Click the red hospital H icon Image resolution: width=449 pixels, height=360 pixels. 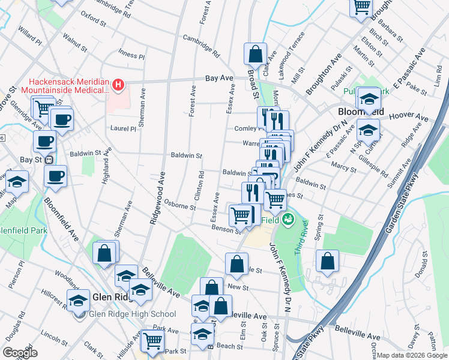coord(118,85)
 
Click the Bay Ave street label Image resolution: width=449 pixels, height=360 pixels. coord(218,78)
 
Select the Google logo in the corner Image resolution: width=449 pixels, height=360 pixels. coord(20,353)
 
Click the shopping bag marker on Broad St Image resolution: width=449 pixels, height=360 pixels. coord(255,54)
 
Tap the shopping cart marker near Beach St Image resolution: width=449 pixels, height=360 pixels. coord(153,340)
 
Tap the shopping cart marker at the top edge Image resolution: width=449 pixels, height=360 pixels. coord(361,7)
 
